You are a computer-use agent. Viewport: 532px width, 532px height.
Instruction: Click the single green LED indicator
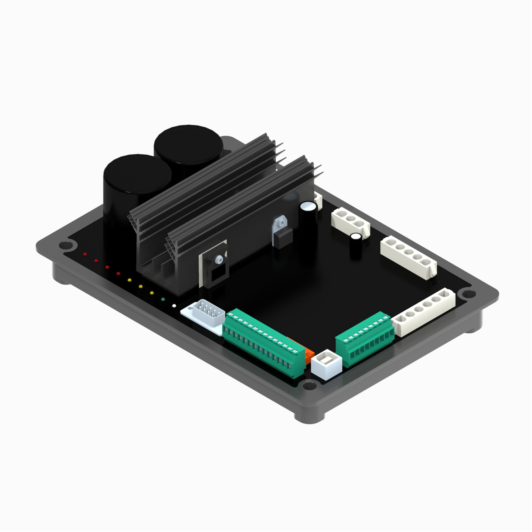coord(163,299)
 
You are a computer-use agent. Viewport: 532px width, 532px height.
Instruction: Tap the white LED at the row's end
coord(174,305)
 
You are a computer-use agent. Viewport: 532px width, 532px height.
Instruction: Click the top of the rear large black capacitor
coord(188,144)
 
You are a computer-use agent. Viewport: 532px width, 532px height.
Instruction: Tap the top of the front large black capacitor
coord(137,173)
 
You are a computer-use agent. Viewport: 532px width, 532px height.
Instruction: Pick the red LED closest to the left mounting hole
coord(85,254)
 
